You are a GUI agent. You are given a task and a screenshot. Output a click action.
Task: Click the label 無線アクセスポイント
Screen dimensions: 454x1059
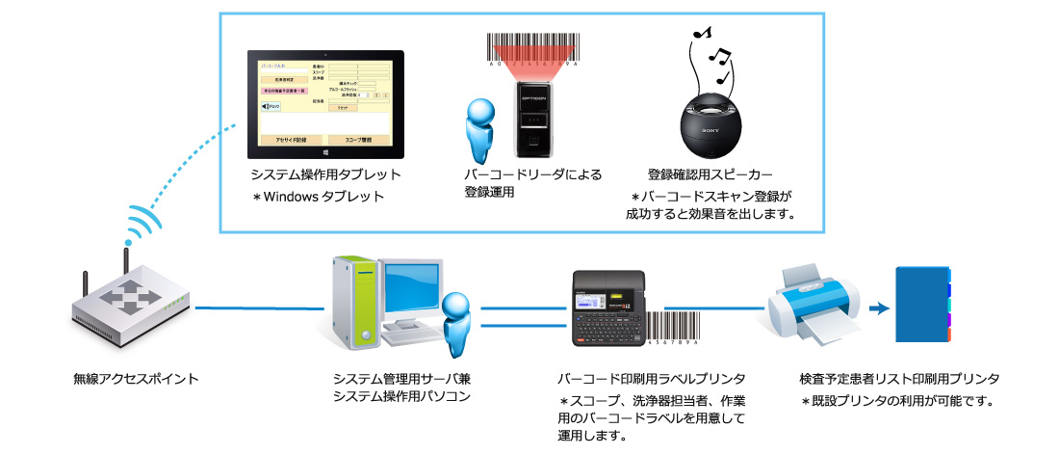pos(136,379)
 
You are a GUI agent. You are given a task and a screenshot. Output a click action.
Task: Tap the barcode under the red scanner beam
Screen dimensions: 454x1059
pos(535,50)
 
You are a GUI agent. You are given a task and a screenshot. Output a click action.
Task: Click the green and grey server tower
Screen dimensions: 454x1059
pos(356,302)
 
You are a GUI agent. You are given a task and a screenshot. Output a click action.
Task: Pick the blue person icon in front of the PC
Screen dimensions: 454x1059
pos(455,323)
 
